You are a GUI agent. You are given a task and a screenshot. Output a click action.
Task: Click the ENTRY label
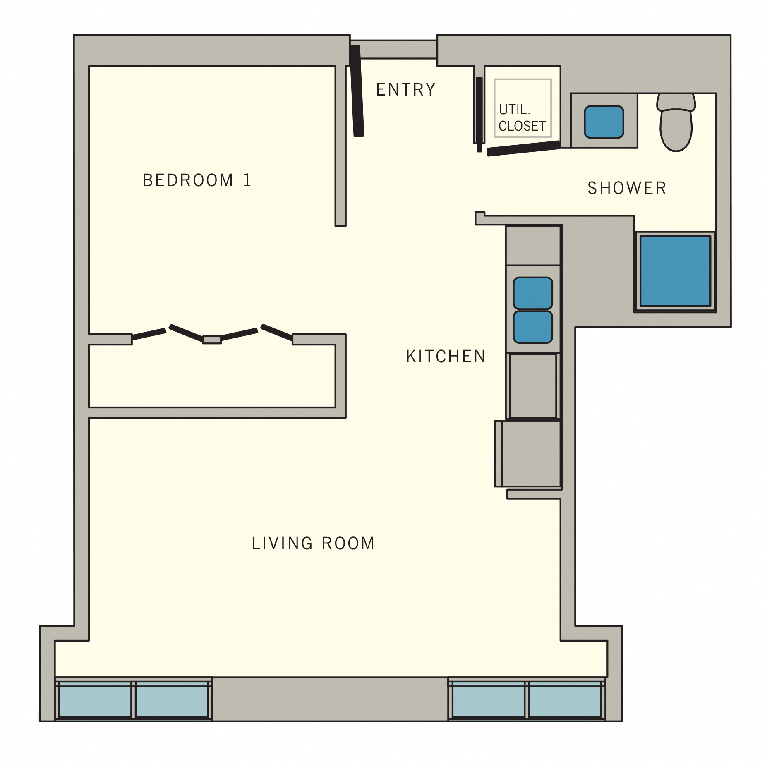[405, 89]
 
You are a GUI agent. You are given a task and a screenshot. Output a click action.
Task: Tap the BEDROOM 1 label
[197, 180]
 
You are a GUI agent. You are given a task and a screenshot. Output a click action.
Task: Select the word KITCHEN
[446, 357]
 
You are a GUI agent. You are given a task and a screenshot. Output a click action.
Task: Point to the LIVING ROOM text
[313, 543]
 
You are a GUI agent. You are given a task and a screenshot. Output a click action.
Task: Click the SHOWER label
[627, 188]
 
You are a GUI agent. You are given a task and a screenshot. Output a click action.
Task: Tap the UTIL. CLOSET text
[522, 118]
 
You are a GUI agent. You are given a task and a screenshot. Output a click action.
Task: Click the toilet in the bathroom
[676, 124]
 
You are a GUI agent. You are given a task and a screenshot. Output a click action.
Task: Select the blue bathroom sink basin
[604, 122]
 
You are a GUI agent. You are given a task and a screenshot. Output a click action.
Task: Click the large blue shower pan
[675, 271]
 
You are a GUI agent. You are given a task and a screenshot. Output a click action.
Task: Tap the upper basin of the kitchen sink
[532, 293]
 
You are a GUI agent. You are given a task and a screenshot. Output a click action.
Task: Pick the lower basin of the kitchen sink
[532, 327]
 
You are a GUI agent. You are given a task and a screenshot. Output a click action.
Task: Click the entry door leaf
[357, 91]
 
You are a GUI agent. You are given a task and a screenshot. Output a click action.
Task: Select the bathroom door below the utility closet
[523, 148]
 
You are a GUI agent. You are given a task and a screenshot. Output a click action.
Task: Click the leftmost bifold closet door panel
[149, 334]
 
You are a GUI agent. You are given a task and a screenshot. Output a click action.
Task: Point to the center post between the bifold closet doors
[212, 340]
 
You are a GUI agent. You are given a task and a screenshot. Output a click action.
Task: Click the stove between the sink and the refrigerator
[533, 386]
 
